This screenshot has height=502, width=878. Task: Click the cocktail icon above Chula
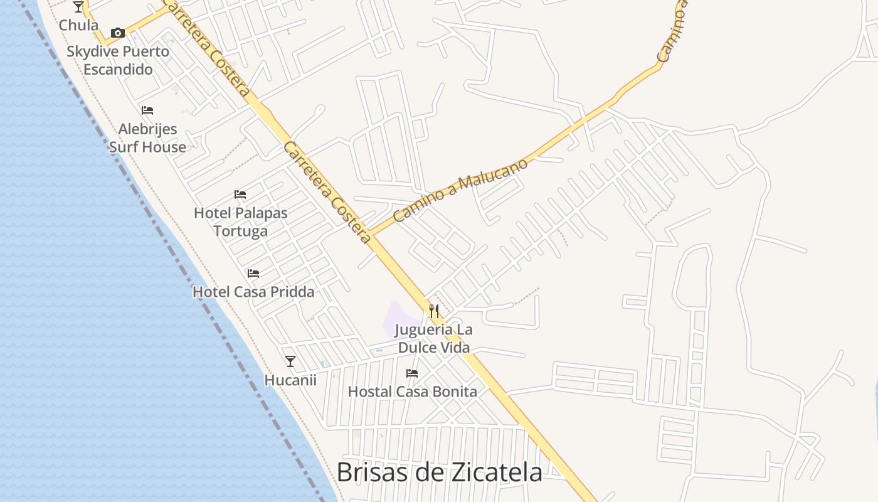click(x=78, y=7)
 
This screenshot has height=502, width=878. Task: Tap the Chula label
click(x=78, y=25)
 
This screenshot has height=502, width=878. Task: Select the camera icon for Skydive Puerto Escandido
click(x=118, y=33)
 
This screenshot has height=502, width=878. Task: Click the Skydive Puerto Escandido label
click(x=118, y=60)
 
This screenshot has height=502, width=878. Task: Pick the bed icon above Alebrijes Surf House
click(x=147, y=110)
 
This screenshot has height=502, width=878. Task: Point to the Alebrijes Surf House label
click(x=147, y=138)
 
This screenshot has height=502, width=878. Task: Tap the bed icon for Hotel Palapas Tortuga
click(x=240, y=195)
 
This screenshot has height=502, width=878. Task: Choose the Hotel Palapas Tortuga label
click(x=241, y=222)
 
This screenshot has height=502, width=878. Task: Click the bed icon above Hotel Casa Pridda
click(x=253, y=274)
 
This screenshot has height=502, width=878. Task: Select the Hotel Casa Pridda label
click(x=253, y=292)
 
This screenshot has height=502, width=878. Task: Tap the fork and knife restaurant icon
click(x=433, y=311)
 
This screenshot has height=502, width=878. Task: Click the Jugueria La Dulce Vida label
click(x=433, y=339)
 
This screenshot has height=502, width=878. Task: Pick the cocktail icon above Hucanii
click(x=290, y=361)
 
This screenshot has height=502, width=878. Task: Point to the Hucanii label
click(x=290, y=380)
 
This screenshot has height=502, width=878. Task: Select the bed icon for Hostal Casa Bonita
click(x=412, y=373)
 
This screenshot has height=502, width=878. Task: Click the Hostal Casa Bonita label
click(x=412, y=392)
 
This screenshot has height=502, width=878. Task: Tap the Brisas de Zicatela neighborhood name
click(x=439, y=472)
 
